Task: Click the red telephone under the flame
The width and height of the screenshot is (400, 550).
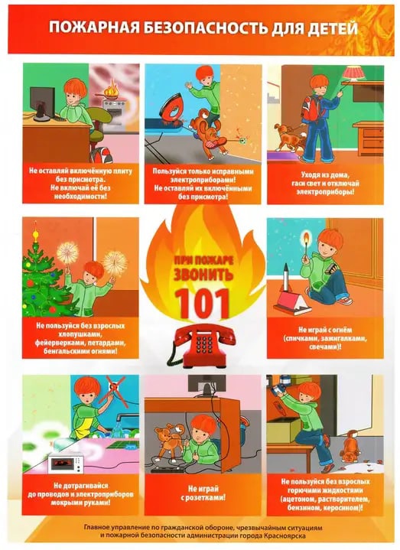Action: click(201, 346)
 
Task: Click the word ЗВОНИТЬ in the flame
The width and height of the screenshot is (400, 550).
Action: click(203, 274)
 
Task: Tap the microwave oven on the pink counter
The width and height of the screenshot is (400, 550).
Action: click(66, 463)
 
